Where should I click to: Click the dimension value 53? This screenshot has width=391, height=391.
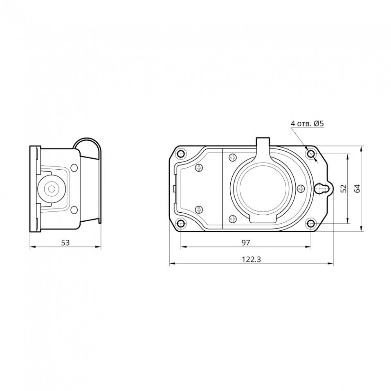[65, 243]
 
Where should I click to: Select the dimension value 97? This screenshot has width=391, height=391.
[246, 243]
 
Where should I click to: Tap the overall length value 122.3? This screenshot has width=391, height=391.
[252, 260]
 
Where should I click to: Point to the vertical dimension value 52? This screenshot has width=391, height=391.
[344, 188]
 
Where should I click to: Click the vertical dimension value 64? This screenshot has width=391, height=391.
[357, 188]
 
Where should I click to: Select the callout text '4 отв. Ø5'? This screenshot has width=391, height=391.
[307, 124]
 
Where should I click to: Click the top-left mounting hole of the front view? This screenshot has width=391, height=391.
[181, 154]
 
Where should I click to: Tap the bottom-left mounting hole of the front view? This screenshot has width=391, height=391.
[181, 223]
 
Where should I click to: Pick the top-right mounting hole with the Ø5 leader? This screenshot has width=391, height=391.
[311, 154]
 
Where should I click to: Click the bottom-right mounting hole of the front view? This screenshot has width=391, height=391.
[311, 223]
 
